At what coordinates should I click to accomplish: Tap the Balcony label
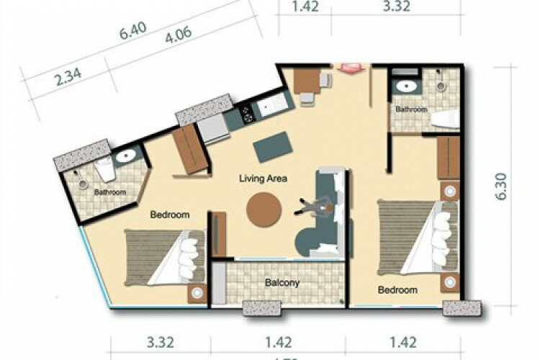281,283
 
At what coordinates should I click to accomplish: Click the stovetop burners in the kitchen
246,114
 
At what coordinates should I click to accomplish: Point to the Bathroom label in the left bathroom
110,192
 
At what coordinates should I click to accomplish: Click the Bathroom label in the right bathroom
411,109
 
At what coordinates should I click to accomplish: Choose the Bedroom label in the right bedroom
398,290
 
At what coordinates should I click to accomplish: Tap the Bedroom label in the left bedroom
169,215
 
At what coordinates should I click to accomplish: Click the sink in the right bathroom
405,86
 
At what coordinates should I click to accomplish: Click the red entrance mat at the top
350,66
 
